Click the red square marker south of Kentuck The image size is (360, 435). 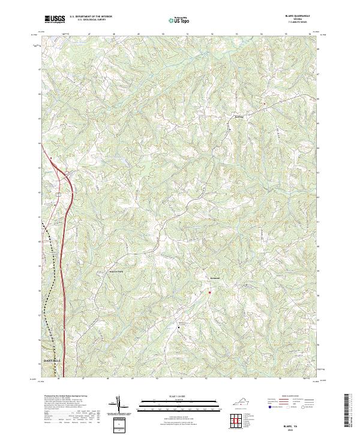(209, 292)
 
